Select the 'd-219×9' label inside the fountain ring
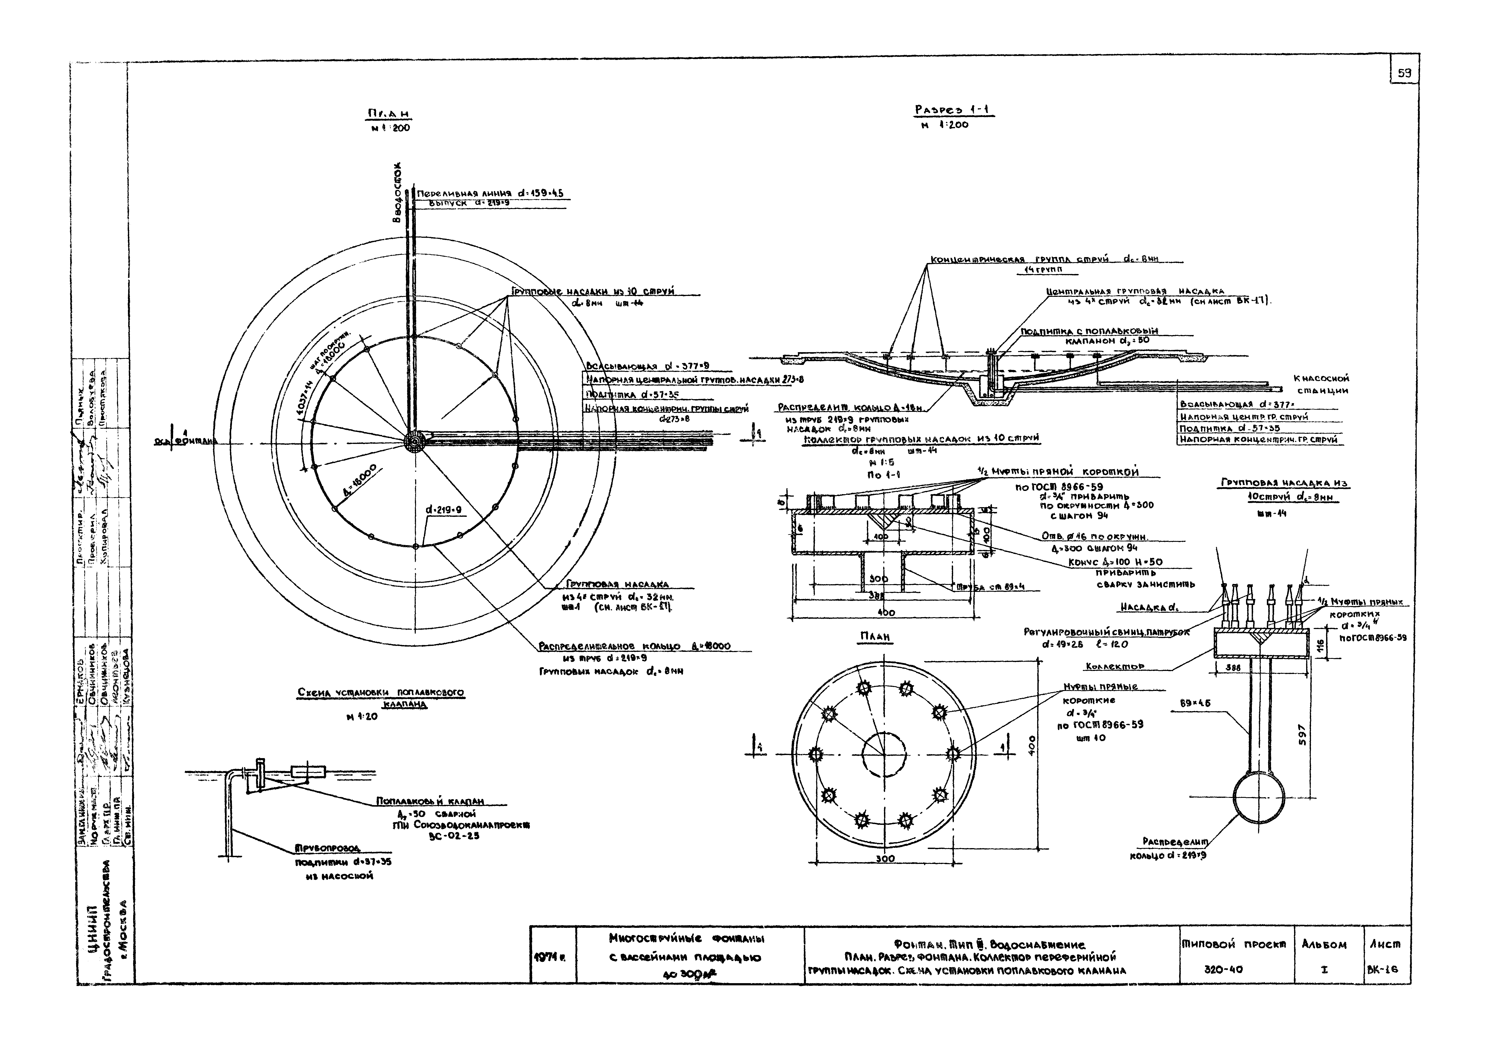pyautogui.click(x=443, y=510)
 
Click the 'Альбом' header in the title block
pyautogui.click(x=1324, y=944)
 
